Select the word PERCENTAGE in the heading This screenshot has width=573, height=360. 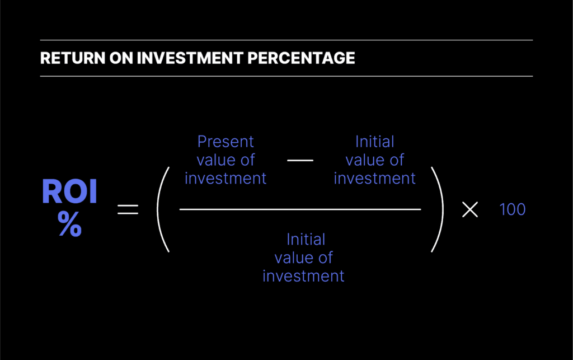point(306,58)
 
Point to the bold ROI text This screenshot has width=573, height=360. point(69,192)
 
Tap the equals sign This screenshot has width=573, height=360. point(127,210)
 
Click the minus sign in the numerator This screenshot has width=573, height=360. point(300,161)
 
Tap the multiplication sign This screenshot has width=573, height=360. point(470,209)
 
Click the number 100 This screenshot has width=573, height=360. point(512,209)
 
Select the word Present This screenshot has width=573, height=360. point(226,141)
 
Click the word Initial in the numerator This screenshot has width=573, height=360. point(374,141)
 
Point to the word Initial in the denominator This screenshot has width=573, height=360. point(306,239)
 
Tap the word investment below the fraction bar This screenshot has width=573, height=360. point(303,276)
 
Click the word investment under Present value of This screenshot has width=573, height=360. point(226,179)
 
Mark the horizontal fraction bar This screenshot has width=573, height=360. point(300,209)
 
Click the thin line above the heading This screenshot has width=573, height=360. point(286,40)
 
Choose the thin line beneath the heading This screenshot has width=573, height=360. point(286,76)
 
